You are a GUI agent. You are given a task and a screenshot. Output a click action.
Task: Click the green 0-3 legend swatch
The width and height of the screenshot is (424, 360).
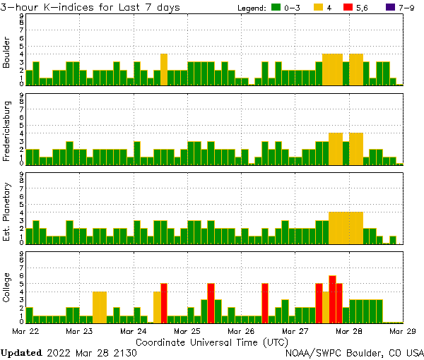coord(276,8)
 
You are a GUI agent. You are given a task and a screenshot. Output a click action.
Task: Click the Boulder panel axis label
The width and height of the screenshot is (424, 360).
coord(7,54)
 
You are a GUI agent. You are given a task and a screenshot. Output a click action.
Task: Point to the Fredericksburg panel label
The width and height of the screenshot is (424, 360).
coord(7,132)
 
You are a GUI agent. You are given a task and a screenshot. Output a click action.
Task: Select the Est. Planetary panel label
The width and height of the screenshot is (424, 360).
coord(7,212)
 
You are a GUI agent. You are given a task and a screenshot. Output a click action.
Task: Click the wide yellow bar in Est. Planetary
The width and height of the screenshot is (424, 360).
coord(346,227)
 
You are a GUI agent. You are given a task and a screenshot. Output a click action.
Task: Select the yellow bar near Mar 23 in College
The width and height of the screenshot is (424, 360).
coord(100,306)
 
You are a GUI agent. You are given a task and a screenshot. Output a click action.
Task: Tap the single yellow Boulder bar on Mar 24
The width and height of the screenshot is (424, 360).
coord(164,68)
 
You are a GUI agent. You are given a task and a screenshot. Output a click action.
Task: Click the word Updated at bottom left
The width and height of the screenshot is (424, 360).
coord(20,352)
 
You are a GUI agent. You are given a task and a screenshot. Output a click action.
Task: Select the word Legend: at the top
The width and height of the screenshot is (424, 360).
coord(250,8)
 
